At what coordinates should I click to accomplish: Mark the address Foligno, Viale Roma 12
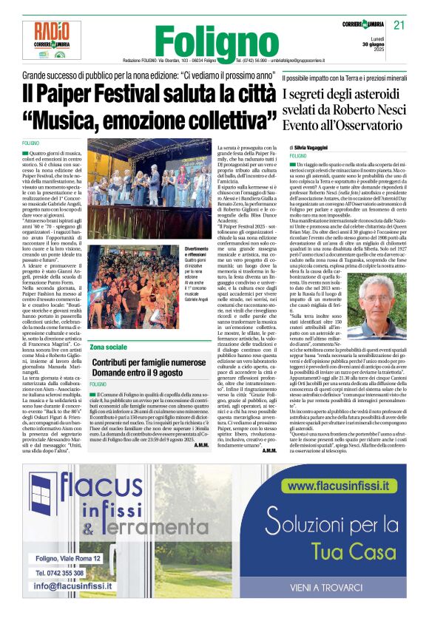67,560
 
